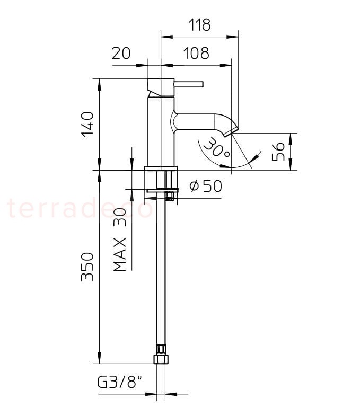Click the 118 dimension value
[x=200, y=25]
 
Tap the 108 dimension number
[x=197, y=53]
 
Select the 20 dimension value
[x=121, y=53]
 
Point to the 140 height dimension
[x=87, y=125]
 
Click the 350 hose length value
[x=87, y=267]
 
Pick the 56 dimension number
[x=278, y=152]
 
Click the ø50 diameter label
[x=206, y=185]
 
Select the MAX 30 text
[x=119, y=240]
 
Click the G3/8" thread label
[x=120, y=383]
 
